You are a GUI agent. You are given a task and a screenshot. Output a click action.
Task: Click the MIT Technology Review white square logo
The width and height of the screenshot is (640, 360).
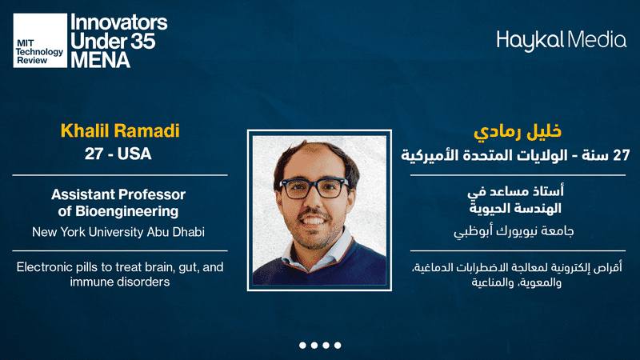point(40,41)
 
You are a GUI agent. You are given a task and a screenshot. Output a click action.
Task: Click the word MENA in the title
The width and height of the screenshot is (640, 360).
point(101,60)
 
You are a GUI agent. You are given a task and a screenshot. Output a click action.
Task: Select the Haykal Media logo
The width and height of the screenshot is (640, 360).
point(562,41)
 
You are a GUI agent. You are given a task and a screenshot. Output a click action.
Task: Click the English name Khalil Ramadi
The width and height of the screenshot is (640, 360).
point(120,130)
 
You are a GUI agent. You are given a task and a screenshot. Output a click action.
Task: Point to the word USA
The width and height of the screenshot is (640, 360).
point(134,154)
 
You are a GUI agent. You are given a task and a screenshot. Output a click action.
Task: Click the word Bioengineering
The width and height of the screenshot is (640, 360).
point(127,212)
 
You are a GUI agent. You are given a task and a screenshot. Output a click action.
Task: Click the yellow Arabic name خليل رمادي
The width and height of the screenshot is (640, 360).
point(518,131)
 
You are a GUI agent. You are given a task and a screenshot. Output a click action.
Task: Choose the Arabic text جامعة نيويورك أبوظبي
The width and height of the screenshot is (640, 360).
point(514,231)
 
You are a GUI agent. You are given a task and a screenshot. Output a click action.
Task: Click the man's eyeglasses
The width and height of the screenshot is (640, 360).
point(314,188)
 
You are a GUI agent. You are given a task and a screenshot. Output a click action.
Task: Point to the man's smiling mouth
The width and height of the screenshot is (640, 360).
point(314,221)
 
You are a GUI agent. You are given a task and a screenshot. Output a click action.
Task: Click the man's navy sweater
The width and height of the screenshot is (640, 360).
point(319,267)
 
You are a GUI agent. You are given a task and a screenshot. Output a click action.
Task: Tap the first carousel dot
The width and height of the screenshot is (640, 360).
point(302,346)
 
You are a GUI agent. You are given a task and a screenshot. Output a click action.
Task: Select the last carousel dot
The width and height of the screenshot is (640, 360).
point(338,346)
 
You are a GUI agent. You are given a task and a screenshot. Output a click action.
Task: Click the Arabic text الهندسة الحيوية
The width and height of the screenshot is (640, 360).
point(515,209)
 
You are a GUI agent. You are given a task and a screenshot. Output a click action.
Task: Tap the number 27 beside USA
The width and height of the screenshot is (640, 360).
point(93,154)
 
